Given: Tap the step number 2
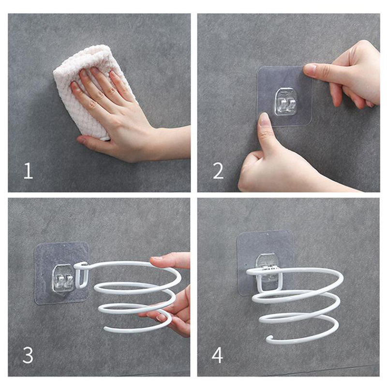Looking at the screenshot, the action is [218, 171].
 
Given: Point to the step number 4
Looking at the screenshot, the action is [217, 355].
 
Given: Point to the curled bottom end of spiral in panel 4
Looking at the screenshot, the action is [270, 338].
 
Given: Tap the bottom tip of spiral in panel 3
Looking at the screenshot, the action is [105, 328].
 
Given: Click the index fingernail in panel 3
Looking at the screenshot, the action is [156, 258].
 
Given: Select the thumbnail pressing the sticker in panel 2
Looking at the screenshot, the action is [264, 119].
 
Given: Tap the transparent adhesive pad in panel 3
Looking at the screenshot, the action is [62, 273].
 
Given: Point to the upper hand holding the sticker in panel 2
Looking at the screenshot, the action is [345, 74].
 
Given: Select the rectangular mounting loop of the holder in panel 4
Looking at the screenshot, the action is [270, 280].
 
